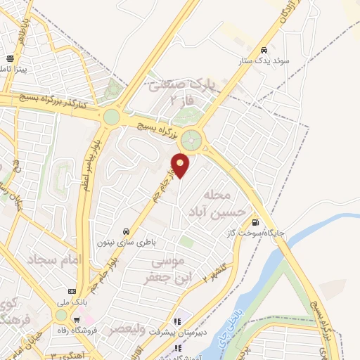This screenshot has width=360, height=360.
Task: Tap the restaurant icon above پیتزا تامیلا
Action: [10, 59]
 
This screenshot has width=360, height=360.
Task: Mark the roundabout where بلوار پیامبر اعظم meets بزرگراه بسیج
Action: [110, 117]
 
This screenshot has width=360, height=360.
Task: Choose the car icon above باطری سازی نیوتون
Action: [126, 231]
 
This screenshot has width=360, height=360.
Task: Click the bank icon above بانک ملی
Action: [71, 291]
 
